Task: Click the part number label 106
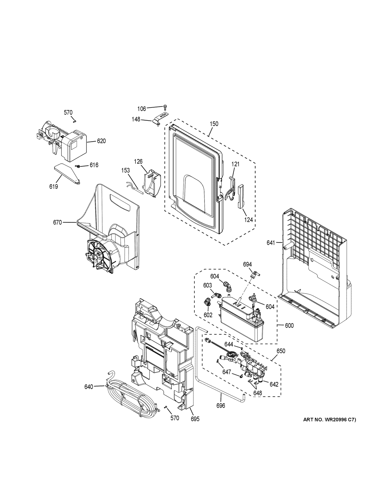[x=142, y=108]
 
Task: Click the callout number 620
[x=101, y=141]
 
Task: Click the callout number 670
[x=57, y=222]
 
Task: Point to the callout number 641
[x=271, y=243]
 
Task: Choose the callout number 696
[x=221, y=406]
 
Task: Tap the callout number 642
[x=274, y=384]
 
